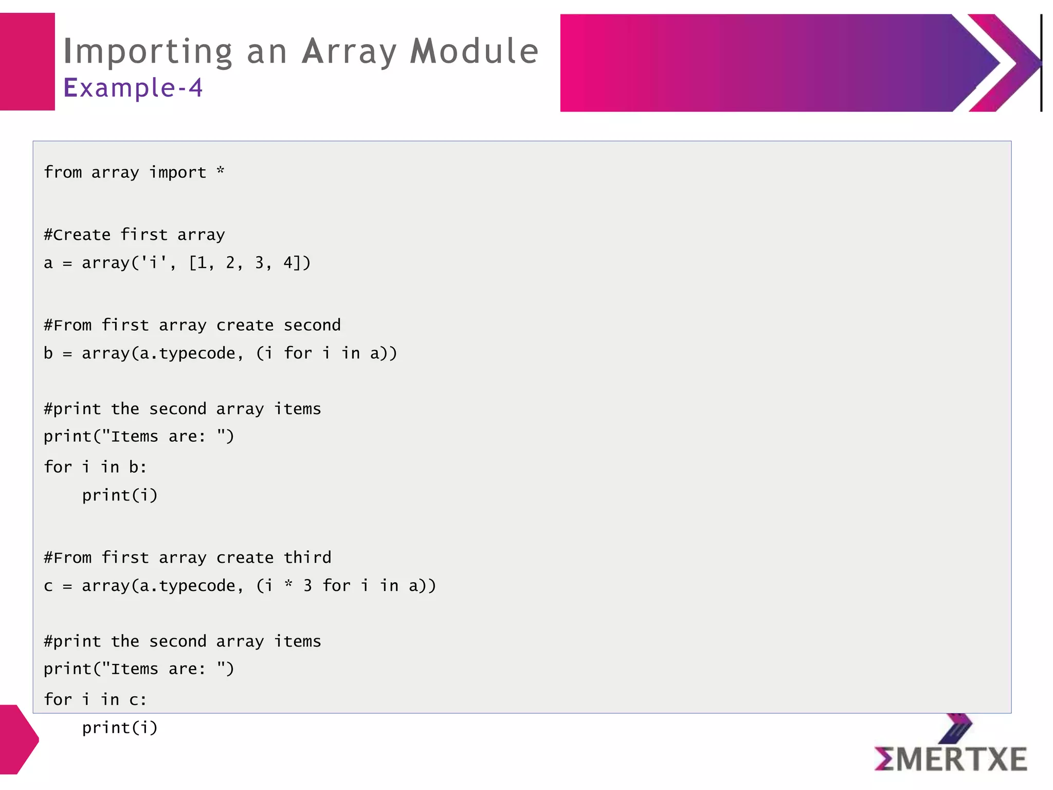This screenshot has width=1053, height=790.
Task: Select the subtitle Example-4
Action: (x=133, y=87)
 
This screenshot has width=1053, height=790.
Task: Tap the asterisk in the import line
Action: (x=221, y=171)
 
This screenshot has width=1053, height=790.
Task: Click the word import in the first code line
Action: (x=177, y=172)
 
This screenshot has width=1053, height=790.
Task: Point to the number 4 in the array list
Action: (x=288, y=263)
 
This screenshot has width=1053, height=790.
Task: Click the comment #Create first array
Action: (x=134, y=235)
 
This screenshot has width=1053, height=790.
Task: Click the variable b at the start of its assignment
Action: (x=48, y=353)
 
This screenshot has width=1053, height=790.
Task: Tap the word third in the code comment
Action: (x=307, y=558)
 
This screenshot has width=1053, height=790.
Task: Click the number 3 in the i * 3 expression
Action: (x=307, y=586)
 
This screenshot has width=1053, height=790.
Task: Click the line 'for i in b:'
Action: (x=95, y=468)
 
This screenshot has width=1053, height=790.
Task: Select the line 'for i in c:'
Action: (x=95, y=700)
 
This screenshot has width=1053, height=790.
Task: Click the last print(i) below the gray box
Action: (x=119, y=728)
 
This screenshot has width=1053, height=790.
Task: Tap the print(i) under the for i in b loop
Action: (x=119, y=495)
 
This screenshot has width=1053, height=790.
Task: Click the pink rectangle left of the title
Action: (x=27, y=62)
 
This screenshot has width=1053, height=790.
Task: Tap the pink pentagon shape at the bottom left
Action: (x=18, y=740)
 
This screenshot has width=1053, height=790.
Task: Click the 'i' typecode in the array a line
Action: (x=153, y=263)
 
